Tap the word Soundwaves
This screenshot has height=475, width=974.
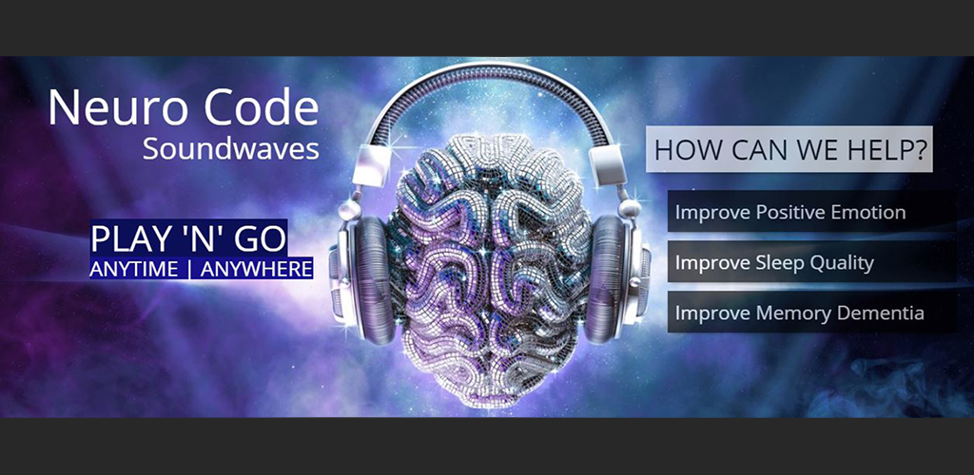231,150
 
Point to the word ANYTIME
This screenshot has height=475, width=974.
134,269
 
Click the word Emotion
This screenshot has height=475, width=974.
868,212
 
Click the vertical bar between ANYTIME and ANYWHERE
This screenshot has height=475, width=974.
188,269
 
